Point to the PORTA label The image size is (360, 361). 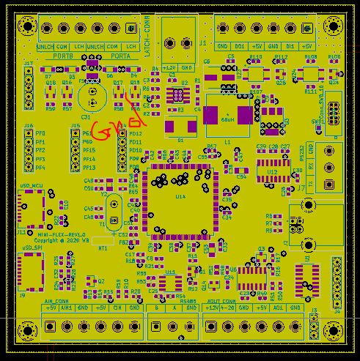tap(120, 56)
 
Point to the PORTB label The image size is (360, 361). tap(63, 56)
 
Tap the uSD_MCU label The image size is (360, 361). tap(33, 187)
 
